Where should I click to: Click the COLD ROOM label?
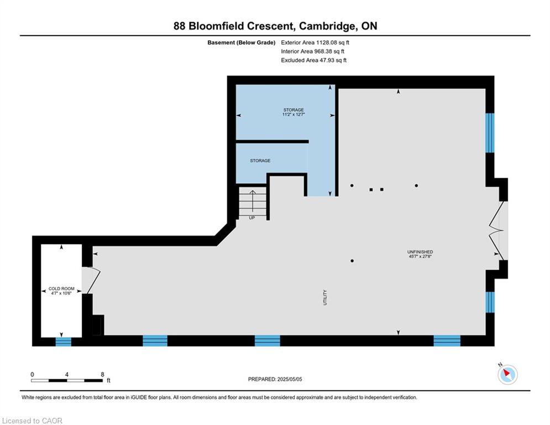coord(61,289)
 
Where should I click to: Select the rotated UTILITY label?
coord(326,297)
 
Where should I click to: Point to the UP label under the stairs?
coord(252,217)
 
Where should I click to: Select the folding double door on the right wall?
coord(496,230)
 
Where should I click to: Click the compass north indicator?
coord(507,374)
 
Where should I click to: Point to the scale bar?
coord(67,381)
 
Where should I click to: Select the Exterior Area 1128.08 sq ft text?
coord(315,42)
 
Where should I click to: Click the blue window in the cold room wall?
coord(64,341)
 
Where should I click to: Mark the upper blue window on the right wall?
coord(490,133)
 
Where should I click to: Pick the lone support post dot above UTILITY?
coord(352,261)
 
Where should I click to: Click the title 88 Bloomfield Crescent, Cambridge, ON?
coord(275,25)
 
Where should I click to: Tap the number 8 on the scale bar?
coord(102,375)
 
